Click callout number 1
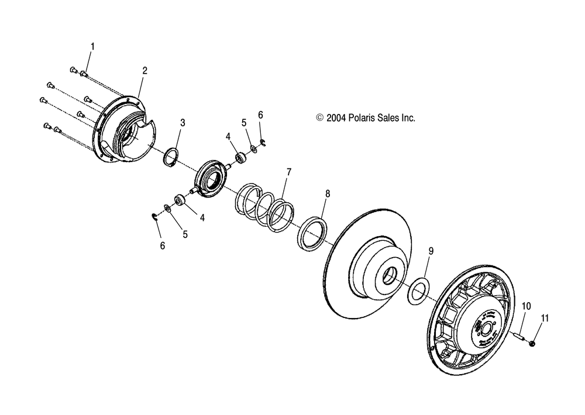click(92, 46)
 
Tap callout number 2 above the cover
click(144, 71)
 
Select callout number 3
click(183, 123)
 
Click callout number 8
click(328, 193)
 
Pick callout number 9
click(431, 251)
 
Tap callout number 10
click(526, 306)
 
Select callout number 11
click(545, 319)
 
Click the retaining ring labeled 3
click(171, 158)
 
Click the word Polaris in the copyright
click(360, 117)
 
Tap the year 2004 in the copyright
click(336, 117)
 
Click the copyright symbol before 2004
click(319, 117)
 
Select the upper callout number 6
click(260, 115)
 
